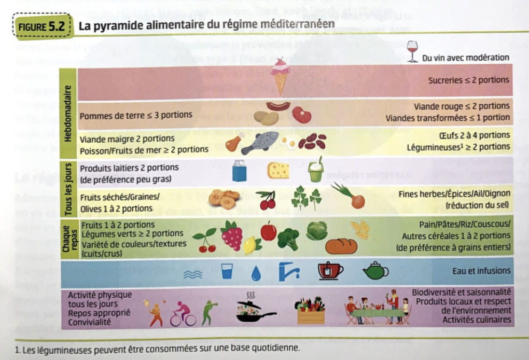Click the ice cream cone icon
coord(281,76)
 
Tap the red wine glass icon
coord(412,51)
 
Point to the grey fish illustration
coord(259,142)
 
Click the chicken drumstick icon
coord(234,142)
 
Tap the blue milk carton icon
coord(239,171)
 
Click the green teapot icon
coord(376,271)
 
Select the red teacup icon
coord(330,271)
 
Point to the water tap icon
coord(288,270)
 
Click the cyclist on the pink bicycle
coord(182,314)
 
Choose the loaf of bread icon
coord(341,246)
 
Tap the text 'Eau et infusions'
coord(481,271)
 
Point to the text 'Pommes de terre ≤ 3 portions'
coord(136,115)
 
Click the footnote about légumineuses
coord(158,348)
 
